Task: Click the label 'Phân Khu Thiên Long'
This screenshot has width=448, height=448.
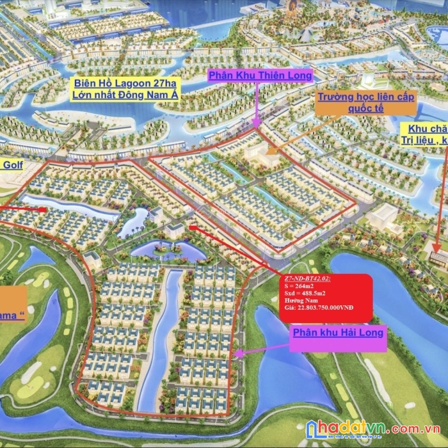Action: tap(260, 76)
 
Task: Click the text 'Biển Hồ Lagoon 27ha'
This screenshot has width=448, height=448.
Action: tap(129, 83)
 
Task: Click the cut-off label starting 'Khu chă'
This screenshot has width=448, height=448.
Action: tap(428, 129)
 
